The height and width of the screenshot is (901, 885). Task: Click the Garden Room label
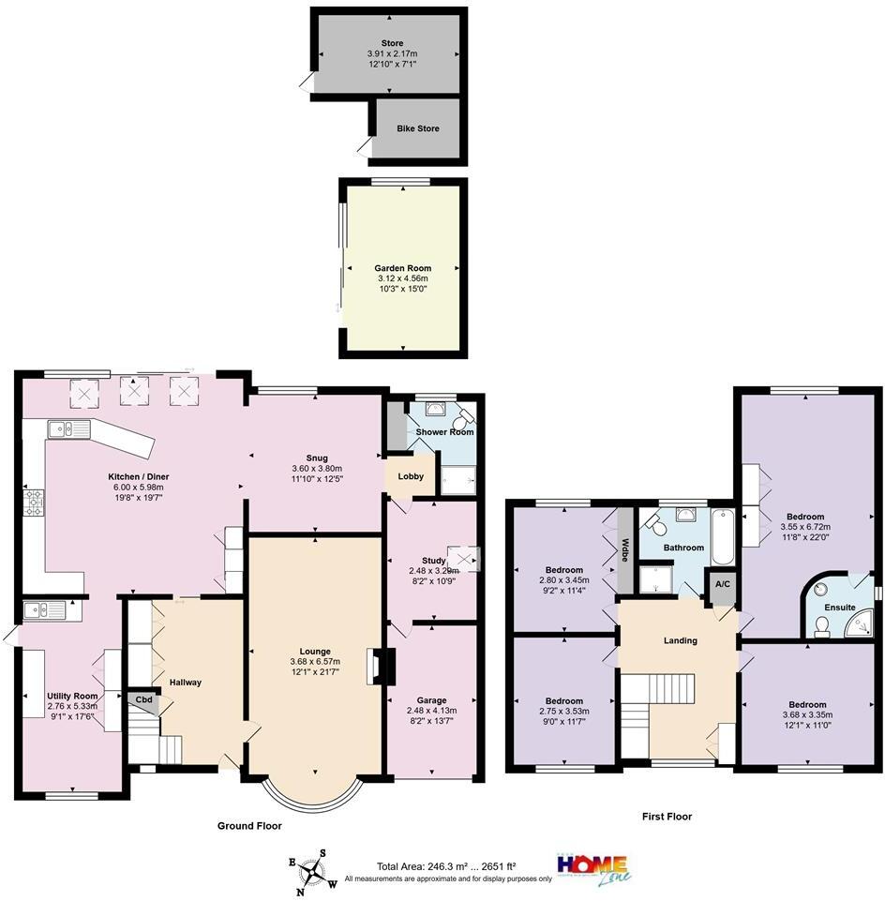(x=402, y=268)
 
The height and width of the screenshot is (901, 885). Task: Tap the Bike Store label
(x=417, y=128)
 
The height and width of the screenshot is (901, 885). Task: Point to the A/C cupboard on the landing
(x=722, y=583)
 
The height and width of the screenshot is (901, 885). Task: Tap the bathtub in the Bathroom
(x=723, y=535)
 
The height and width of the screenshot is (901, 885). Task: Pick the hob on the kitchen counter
(x=35, y=503)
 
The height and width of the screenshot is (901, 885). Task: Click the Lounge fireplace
(x=375, y=667)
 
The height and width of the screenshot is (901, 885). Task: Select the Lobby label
(x=411, y=476)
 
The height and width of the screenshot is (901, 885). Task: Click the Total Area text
(x=446, y=866)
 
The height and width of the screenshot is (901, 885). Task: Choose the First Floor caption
(x=667, y=817)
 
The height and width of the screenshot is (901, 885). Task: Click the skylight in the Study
(x=463, y=558)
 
